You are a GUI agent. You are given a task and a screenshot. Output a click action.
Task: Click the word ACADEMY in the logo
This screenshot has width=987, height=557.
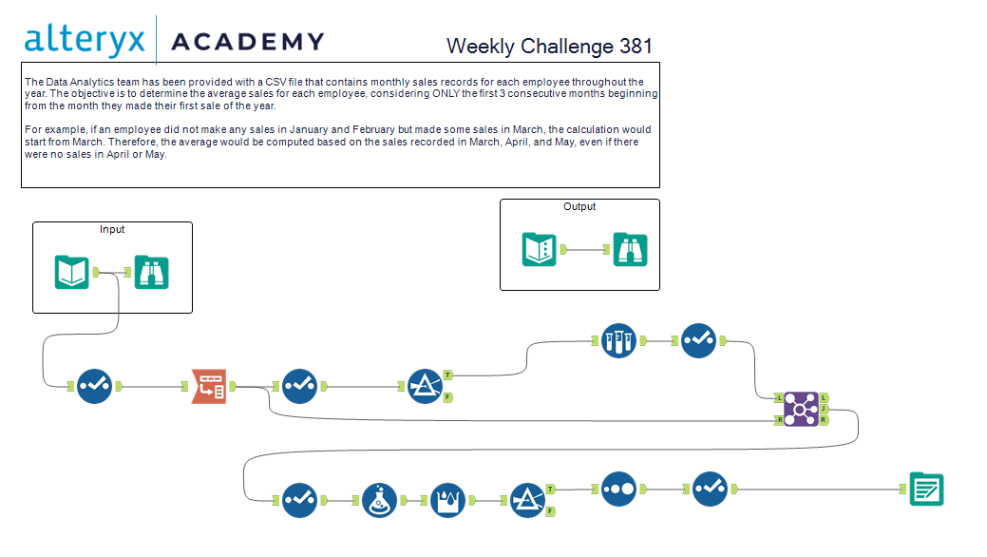point(246,42)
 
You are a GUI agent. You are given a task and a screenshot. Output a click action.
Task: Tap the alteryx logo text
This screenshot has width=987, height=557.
point(85,40)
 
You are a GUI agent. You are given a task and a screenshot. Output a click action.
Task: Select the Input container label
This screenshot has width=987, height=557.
point(112,229)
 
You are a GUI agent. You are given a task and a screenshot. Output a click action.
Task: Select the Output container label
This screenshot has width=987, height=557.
point(579,206)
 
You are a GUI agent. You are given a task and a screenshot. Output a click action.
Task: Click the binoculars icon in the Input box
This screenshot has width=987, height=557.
point(151,273)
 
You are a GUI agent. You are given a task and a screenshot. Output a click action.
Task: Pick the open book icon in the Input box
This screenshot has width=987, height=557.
point(72,273)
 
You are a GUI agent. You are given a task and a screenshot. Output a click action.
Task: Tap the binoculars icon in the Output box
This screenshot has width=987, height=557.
point(630,250)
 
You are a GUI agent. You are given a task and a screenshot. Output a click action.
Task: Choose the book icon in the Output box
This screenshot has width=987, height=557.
point(540,250)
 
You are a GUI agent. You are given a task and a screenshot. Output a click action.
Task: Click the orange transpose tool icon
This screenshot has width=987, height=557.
point(209,387)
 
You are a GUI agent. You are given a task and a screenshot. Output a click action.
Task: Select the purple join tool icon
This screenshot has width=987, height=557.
point(801,409)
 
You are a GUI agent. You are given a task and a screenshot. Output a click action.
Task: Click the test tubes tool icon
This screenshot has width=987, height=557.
point(618,340)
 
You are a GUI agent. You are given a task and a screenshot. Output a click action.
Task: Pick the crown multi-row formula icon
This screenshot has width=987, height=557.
point(448,500)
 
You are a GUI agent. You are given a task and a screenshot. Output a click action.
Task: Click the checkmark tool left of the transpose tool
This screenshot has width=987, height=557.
point(95,387)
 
